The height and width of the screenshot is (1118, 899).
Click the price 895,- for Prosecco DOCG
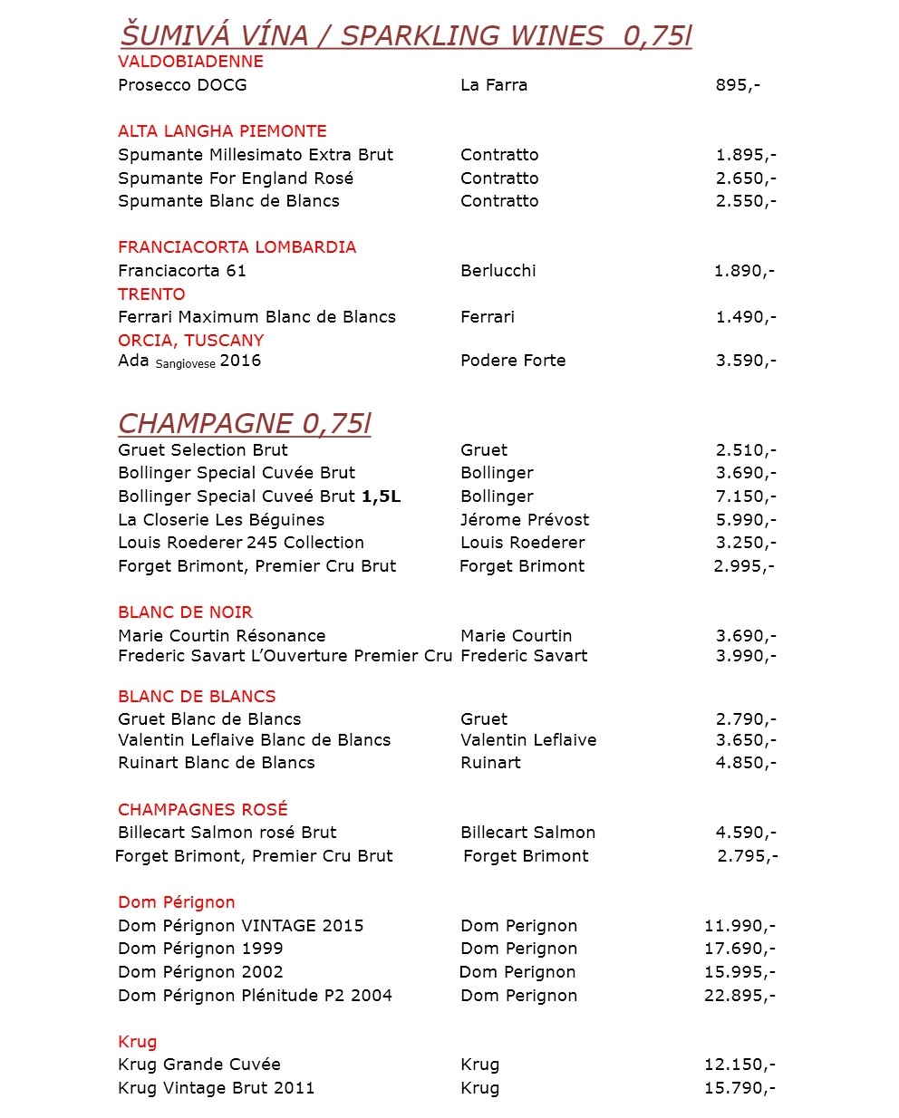(737, 85)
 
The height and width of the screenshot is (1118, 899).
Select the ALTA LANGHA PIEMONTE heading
(222, 131)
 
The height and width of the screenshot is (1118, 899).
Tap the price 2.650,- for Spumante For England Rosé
(745, 178)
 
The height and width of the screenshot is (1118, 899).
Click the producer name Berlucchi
(498, 271)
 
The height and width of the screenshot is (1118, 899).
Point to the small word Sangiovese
(186, 364)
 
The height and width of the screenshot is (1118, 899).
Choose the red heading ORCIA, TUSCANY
(190, 341)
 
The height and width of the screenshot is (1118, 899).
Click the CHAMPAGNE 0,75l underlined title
(245, 424)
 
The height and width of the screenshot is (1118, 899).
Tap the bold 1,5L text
(381, 496)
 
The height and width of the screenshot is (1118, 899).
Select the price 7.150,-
(745, 496)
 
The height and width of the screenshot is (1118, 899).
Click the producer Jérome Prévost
(524, 520)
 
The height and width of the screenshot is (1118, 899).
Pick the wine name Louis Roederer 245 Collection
(241, 543)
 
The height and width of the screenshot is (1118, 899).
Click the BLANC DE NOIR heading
(185, 612)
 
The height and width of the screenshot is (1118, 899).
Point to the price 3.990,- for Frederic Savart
(745, 656)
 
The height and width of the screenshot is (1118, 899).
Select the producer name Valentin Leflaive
(528, 740)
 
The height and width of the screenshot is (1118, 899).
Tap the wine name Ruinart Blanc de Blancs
(217, 763)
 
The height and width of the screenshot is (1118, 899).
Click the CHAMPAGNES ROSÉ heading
(202, 810)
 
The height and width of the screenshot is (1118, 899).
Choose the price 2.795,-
(747, 856)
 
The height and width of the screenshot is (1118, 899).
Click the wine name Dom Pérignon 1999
(200, 949)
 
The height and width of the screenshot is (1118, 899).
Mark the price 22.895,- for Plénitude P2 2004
(739, 996)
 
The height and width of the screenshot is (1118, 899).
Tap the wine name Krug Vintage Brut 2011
(216, 1088)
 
